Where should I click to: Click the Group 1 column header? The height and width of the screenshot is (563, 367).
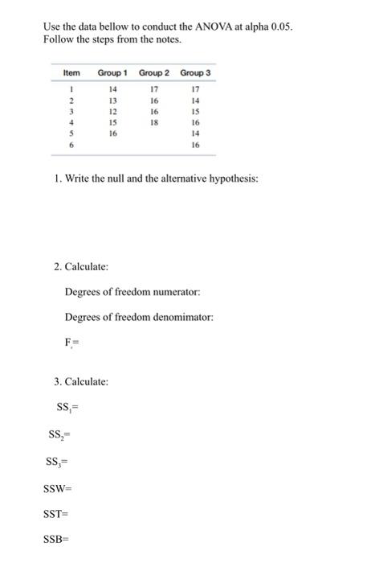[x=114, y=73]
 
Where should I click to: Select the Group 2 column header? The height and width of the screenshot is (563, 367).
[x=154, y=73]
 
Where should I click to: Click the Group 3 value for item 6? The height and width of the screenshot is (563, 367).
[x=194, y=146]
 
